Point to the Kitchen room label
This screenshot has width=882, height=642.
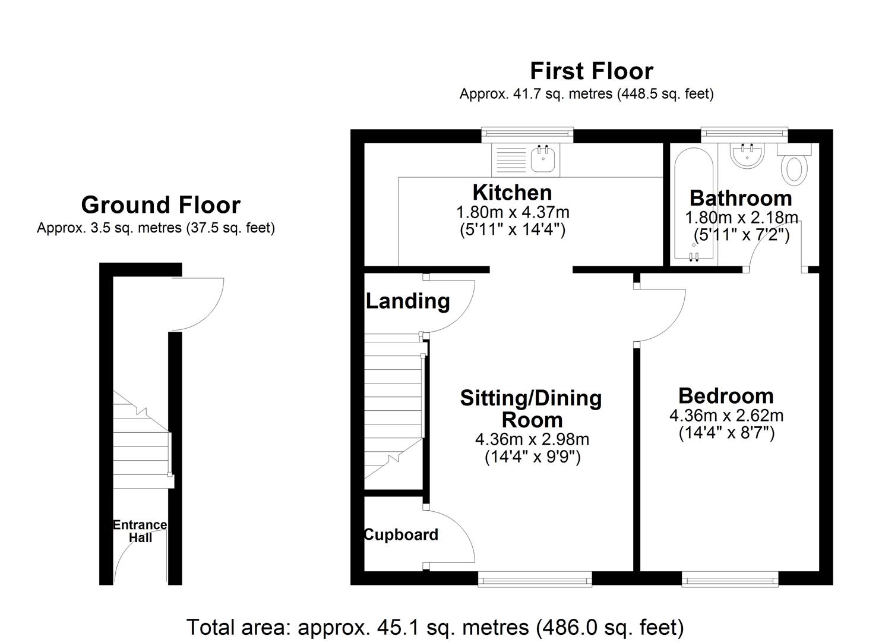pos(512,193)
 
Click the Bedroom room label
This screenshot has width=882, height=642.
pos(726,396)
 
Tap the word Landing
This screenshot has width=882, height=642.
pos(407,301)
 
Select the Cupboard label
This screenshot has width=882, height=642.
pos(401,535)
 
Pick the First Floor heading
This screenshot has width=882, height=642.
pos(591,71)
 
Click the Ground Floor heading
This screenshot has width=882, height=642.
pos(160,205)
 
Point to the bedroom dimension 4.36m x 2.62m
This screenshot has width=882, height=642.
pos(726,416)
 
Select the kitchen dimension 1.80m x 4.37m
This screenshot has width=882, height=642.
pos(512,212)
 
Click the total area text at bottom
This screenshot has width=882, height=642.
pos(435,627)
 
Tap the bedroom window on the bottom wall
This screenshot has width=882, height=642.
pos(730,578)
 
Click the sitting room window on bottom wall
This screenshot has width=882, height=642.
pos(535,578)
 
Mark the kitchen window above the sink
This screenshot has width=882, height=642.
pos(527,135)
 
